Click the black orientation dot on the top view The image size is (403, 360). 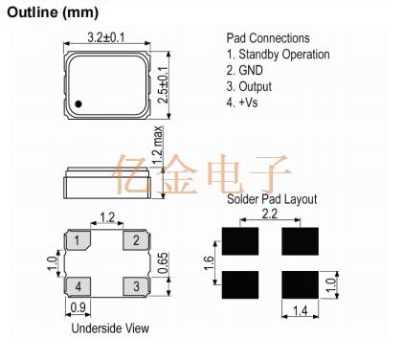(x=78, y=104)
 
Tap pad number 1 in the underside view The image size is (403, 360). (x=78, y=240)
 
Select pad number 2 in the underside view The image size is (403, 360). (x=136, y=240)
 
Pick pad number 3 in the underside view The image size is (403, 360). (x=136, y=286)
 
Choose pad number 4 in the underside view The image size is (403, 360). (x=78, y=286)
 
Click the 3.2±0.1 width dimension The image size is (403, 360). (x=106, y=37)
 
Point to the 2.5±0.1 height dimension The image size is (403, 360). (x=163, y=84)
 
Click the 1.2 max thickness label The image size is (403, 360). (x=158, y=146)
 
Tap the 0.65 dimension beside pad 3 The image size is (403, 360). (x=163, y=263)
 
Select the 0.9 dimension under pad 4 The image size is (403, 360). (x=78, y=307)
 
